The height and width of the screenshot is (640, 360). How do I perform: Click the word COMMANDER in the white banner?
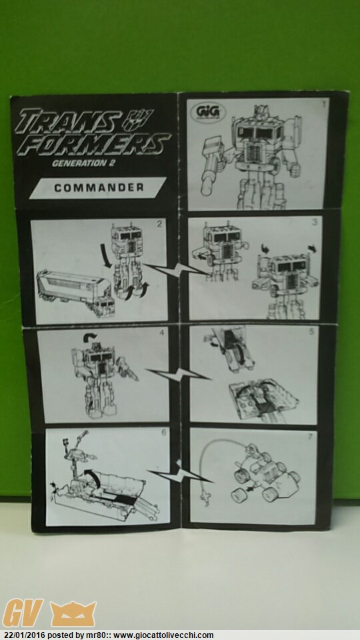(x=99, y=188)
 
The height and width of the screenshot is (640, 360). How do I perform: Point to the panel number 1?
(x=324, y=104)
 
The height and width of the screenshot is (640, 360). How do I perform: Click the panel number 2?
(x=159, y=223)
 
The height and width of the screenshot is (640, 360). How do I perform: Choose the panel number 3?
(x=315, y=223)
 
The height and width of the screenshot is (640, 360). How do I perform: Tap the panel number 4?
(x=161, y=332)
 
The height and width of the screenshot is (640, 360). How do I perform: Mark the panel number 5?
(x=311, y=331)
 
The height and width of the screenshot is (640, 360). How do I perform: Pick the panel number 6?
(x=164, y=433)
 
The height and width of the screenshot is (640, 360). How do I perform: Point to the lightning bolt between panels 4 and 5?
(x=179, y=374)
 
